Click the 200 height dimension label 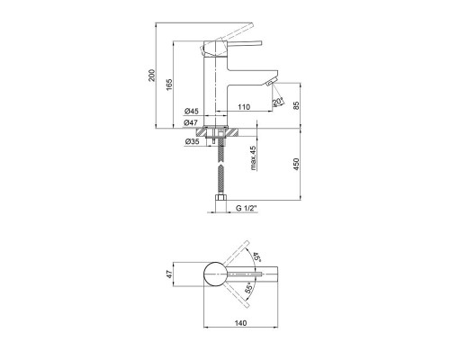(152, 76)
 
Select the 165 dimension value (169, 85)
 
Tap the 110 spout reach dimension (244, 107)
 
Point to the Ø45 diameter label (192, 112)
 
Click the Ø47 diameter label (191, 122)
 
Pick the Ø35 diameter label (192, 141)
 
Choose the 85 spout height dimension (296, 105)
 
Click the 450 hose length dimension (296, 164)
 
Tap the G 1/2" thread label (247, 208)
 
